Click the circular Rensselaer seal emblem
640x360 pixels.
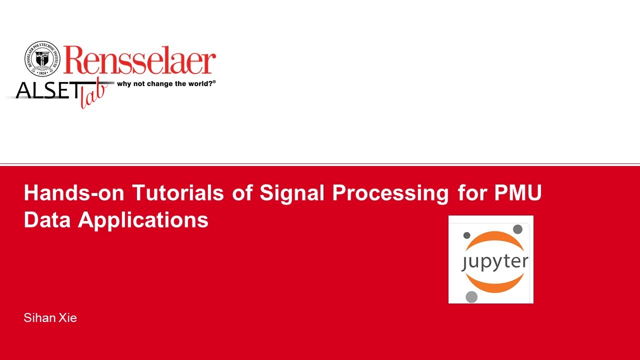pos(42,59)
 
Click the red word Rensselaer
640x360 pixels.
pos(139,60)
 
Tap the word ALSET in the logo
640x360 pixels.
pos(47,90)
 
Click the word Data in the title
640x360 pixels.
pos(47,220)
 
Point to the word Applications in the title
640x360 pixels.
pos(143,220)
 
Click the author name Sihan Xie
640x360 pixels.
pos(50,318)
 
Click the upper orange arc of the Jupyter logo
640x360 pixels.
pos(494,242)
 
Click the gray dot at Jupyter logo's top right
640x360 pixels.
pos(517,229)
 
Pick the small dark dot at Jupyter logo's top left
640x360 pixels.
pos(467,235)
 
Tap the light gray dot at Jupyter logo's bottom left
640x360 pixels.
pos(471,297)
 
